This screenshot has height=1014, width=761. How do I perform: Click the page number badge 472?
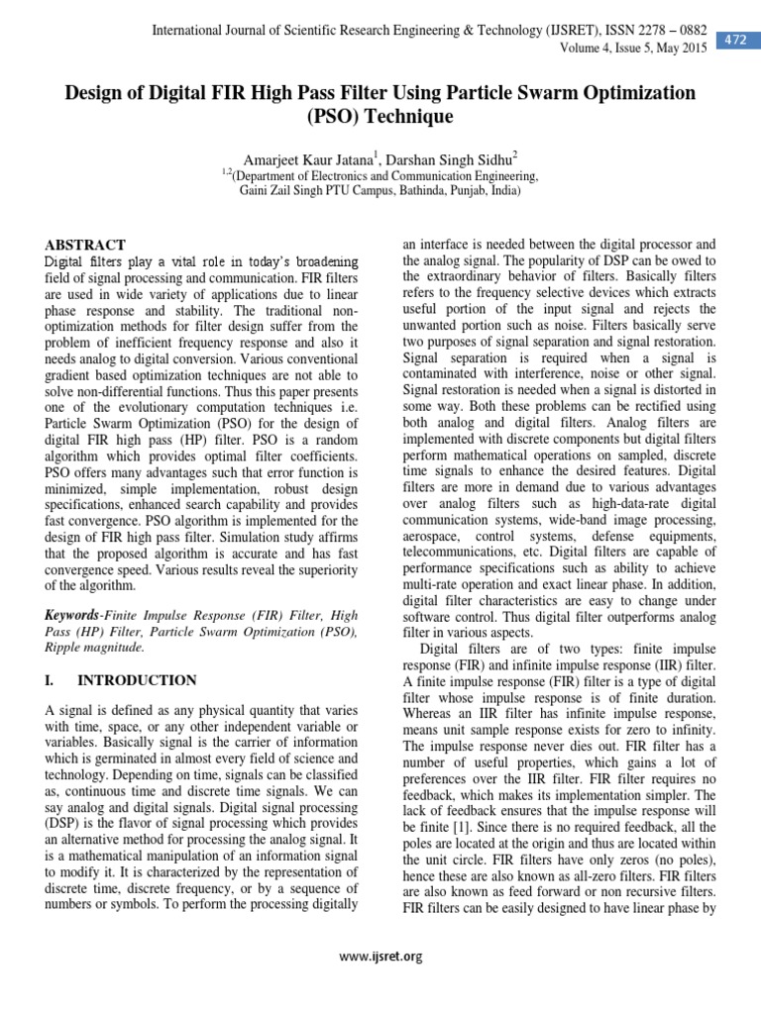pyautogui.click(x=735, y=40)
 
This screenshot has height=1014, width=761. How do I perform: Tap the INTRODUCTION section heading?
pyautogui.click(x=138, y=680)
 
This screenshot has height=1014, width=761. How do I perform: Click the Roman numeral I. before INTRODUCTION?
pyautogui.click(x=53, y=680)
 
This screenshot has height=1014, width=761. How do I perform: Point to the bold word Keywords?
pyautogui.click(x=74, y=615)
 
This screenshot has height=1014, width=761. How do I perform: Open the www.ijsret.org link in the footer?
pyautogui.click(x=380, y=956)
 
